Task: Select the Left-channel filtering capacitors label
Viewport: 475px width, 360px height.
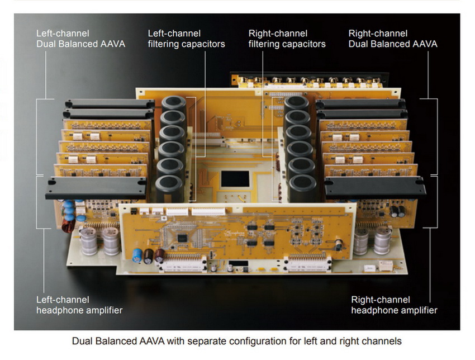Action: [186, 39]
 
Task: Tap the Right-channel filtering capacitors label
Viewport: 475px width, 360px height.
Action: [287, 39]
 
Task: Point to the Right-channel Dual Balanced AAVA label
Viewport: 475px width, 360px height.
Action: [393, 39]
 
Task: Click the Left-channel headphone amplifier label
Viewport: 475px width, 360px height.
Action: [79, 305]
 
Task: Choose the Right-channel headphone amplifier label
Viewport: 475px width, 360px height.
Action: [394, 305]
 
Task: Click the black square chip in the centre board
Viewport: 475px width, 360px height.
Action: [235, 179]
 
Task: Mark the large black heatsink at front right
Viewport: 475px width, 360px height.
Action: [375, 187]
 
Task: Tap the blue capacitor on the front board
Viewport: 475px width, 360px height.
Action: [137, 255]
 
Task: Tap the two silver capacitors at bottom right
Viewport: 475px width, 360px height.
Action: [372, 240]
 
